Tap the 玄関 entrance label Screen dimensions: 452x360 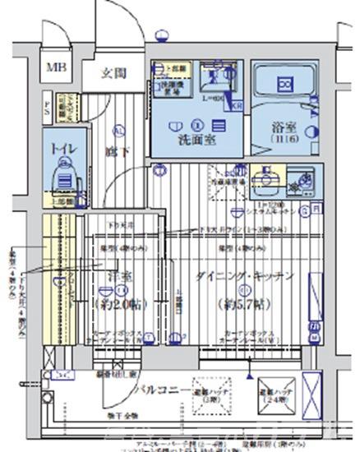coord(113,73)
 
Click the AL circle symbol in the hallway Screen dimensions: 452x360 coord(118,130)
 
